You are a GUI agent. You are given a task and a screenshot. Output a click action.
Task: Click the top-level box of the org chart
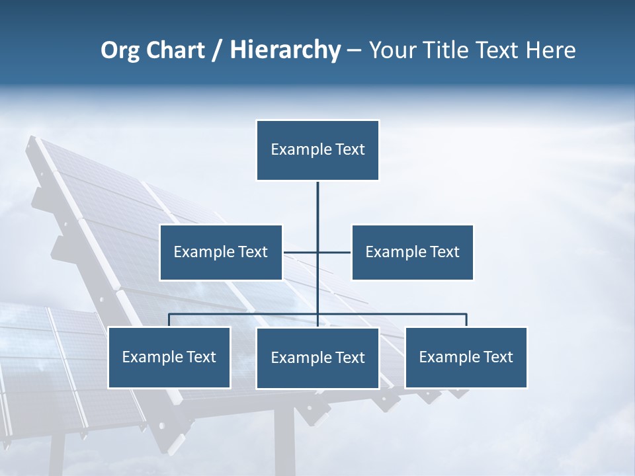[317, 150]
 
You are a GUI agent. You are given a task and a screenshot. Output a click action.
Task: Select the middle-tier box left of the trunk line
[221, 252]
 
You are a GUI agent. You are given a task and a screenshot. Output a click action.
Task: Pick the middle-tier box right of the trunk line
[412, 252]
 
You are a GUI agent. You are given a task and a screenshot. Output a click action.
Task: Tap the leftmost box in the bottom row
[169, 357]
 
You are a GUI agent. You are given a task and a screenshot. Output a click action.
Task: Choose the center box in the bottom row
[317, 358]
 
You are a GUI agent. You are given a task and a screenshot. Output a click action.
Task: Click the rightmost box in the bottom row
[466, 357]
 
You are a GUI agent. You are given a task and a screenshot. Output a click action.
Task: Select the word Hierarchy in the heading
[284, 50]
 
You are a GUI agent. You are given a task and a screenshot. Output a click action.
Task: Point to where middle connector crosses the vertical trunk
[317, 252]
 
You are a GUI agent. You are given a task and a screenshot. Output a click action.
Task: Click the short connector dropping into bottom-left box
[169, 320]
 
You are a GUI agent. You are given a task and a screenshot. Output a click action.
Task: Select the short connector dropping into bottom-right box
[466, 320]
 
